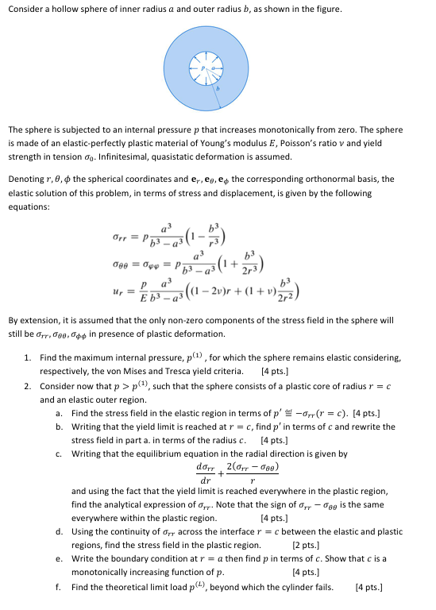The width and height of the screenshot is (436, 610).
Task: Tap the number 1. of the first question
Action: pos(28,359)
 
